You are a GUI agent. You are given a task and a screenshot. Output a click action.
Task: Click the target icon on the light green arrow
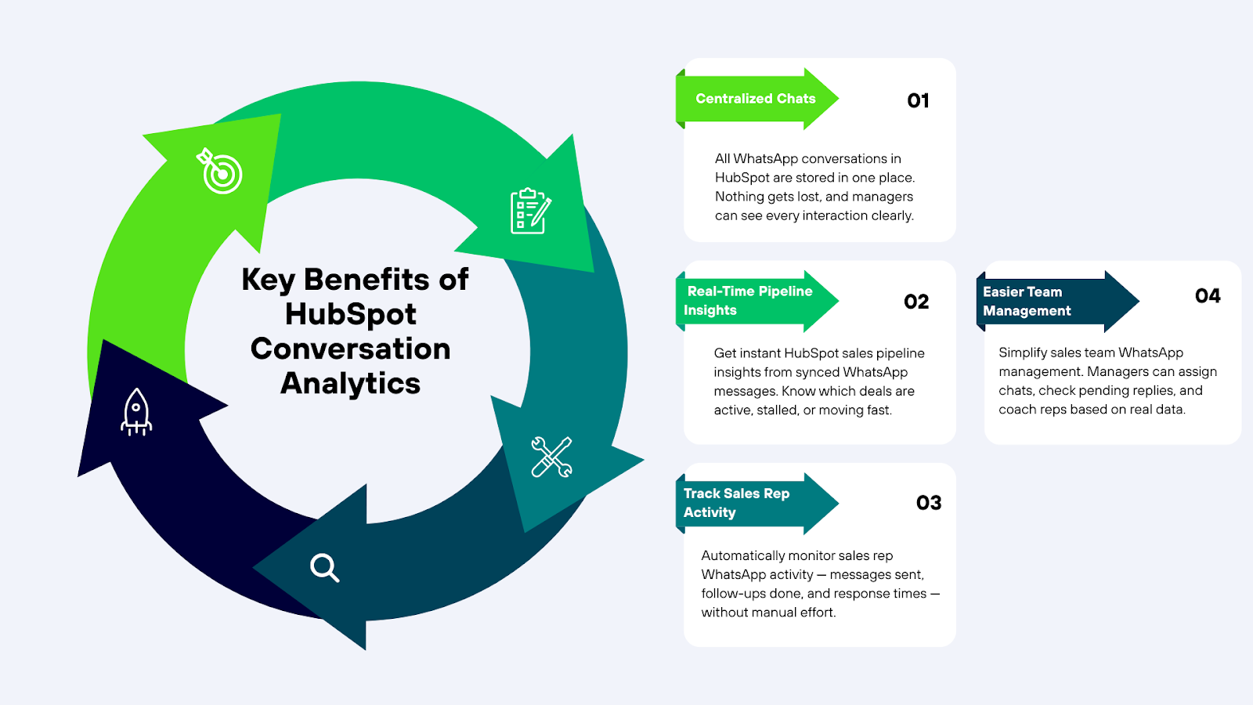[x=221, y=172]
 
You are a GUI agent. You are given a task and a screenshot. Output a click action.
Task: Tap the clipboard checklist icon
[x=530, y=211]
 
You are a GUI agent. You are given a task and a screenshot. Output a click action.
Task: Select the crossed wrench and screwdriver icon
[x=551, y=457]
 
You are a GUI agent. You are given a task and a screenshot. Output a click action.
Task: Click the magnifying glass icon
[x=324, y=567]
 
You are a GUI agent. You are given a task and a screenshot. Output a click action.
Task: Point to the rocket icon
[x=136, y=411]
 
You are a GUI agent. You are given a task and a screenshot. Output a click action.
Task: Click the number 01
[x=918, y=100]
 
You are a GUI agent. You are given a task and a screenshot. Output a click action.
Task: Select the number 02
[x=916, y=302]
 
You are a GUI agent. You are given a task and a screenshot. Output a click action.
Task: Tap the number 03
[x=929, y=503]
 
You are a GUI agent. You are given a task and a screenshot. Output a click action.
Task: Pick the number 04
[x=1208, y=296]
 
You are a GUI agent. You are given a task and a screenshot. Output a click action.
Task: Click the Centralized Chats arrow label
[x=756, y=99]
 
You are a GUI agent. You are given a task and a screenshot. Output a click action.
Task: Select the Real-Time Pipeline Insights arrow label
[x=748, y=301]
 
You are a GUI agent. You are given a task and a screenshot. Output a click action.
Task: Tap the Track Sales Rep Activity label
[x=736, y=503]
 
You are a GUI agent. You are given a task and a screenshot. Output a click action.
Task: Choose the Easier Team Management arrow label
[x=1027, y=302]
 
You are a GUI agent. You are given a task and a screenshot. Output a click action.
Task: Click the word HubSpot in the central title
[x=350, y=314]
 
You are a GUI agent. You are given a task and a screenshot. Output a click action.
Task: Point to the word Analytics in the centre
[x=350, y=383]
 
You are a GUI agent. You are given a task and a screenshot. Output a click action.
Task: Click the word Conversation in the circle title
[x=350, y=349]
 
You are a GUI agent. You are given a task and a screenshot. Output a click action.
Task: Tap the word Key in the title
[x=268, y=280]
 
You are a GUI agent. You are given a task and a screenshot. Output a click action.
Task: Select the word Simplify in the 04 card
[x=1023, y=352]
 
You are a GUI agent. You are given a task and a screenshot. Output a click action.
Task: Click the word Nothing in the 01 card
[x=739, y=197]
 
